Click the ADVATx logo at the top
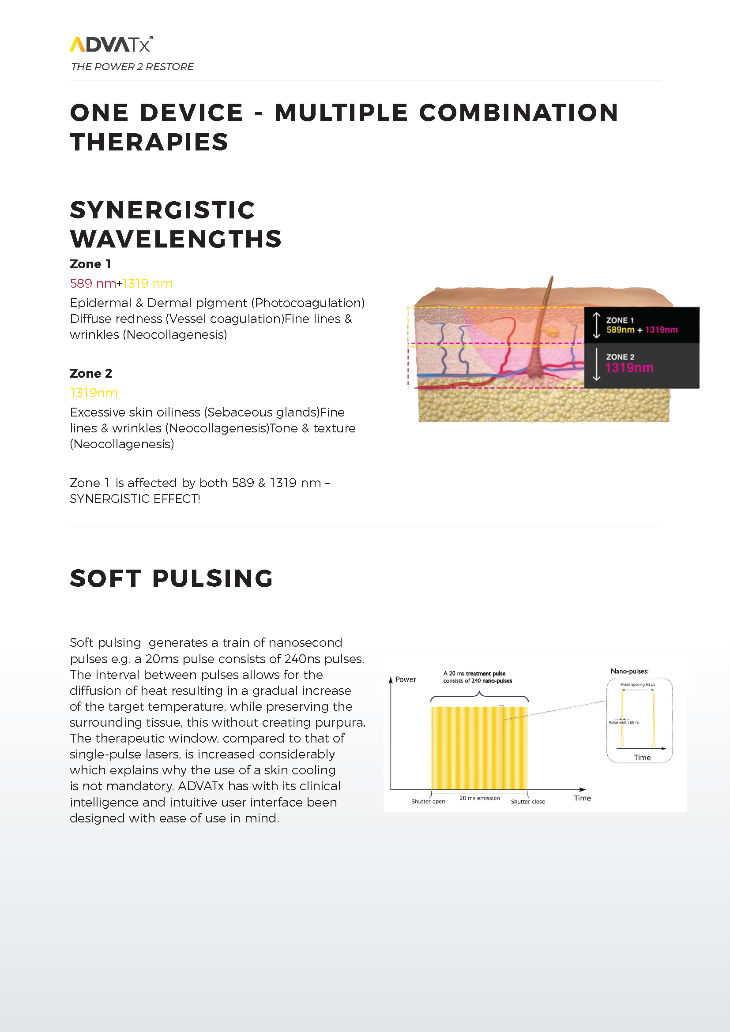click(x=111, y=44)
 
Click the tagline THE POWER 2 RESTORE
click(x=132, y=67)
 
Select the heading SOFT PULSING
click(x=171, y=578)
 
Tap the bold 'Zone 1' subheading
click(x=90, y=264)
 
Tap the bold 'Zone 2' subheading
click(x=91, y=373)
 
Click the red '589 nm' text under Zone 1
click(x=93, y=283)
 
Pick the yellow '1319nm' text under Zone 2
click(x=94, y=393)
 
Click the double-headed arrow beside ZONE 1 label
click(x=596, y=325)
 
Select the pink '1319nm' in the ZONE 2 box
click(x=629, y=368)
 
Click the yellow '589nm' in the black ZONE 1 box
click(x=620, y=330)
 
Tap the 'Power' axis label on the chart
click(x=406, y=679)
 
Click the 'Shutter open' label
click(x=428, y=801)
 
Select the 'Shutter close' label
click(x=528, y=801)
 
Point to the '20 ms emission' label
click(x=479, y=798)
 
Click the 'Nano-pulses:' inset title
click(x=629, y=671)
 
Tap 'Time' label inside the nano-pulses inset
click(x=642, y=758)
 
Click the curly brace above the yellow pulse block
click(x=479, y=696)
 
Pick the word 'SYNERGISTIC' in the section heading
click(x=162, y=210)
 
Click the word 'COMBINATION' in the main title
click(x=518, y=113)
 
